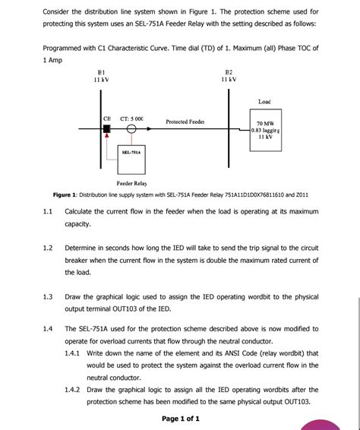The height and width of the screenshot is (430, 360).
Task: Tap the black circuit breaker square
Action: coord(107,129)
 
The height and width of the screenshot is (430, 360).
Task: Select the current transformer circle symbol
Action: coord(131,129)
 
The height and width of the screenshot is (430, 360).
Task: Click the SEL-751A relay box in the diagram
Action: coord(131,152)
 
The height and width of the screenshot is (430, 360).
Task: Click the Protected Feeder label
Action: coord(185,122)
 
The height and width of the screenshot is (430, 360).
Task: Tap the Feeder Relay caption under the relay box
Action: coord(131,184)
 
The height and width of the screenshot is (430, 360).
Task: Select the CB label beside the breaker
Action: coord(108,119)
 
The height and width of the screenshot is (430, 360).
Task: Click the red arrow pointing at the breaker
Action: coord(107,139)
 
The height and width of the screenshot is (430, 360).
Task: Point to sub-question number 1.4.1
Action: coord(74,353)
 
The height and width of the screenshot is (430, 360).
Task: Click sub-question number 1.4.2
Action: coord(74,389)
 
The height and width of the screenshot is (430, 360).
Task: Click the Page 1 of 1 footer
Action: coord(181,418)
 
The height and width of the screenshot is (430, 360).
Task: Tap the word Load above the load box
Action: coord(264,101)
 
